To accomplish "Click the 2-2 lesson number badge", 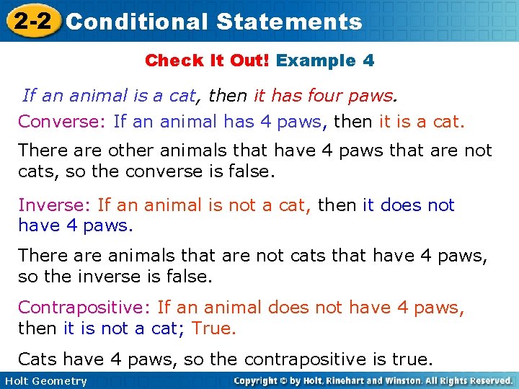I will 31,21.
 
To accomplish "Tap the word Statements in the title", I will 289,22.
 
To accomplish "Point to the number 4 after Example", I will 368,61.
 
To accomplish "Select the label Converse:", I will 63,121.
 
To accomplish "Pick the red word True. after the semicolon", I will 214,328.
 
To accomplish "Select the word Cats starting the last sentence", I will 38,359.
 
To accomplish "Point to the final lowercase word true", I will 413,359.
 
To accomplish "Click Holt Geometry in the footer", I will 45,381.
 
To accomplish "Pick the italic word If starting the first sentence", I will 29,94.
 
